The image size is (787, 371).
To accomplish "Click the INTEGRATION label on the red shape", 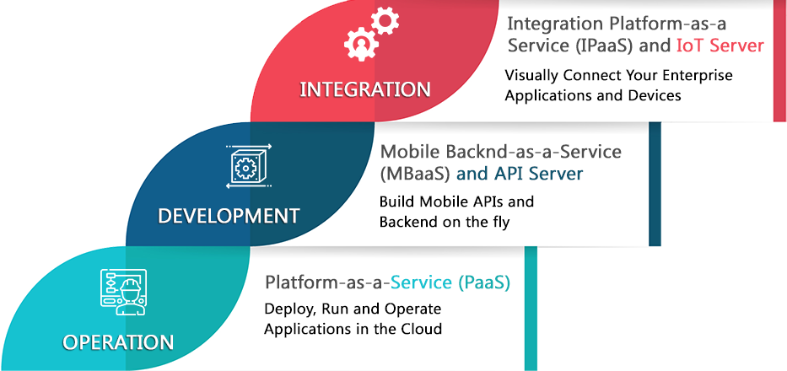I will click(x=365, y=89).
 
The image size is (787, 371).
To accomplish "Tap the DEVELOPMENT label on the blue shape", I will click(x=229, y=216).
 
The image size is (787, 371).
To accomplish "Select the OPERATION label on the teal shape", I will click(x=118, y=341).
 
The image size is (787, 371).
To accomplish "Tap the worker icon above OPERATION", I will click(x=123, y=292).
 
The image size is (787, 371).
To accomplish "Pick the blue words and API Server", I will click(x=520, y=174).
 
